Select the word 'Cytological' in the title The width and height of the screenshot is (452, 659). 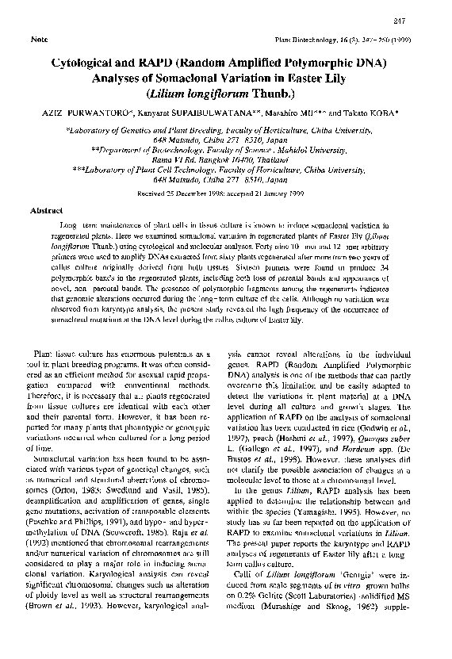click(x=89, y=61)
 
